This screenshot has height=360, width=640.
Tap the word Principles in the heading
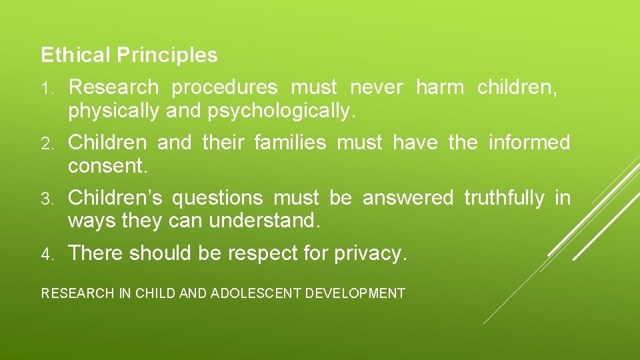point(167,55)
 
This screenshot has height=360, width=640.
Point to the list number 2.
point(47,143)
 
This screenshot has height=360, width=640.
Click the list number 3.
point(47,199)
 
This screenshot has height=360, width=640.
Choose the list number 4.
point(47,254)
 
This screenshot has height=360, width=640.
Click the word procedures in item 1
point(224,87)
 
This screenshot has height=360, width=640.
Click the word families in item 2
point(291,143)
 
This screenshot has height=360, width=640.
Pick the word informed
point(529,143)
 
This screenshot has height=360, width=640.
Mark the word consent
point(107,167)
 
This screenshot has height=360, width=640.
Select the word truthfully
point(504,198)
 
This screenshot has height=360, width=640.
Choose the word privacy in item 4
point(372,253)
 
